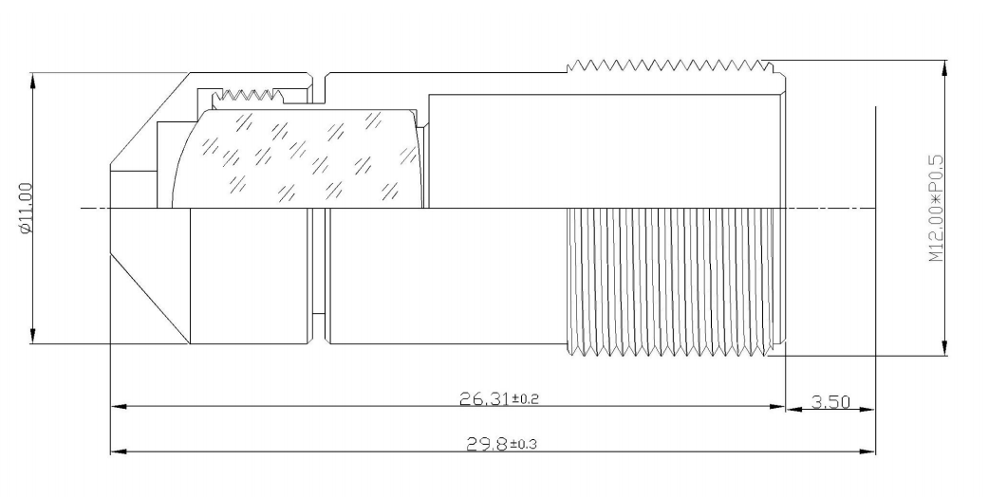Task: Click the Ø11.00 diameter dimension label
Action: click(x=25, y=209)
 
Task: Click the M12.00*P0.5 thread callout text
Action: click(x=936, y=208)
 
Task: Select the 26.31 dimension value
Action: click(x=484, y=398)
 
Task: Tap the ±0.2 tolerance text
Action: click(x=526, y=399)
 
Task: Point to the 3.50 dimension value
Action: click(x=830, y=401)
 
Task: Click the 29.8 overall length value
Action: click(x=487, y=444)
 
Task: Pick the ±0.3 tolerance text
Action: click(x=523, y=445)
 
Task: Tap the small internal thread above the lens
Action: click(x=248, y=96)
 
